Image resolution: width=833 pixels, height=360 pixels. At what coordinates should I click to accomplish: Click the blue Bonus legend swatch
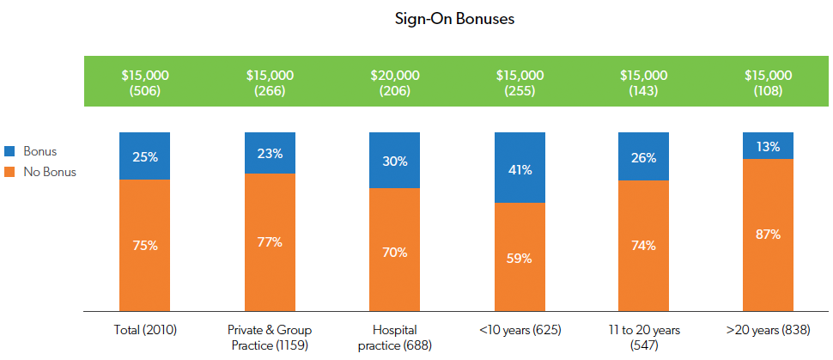(x=10, y=152)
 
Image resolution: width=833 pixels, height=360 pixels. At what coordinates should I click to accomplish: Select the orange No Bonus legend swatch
(x=10, y=172)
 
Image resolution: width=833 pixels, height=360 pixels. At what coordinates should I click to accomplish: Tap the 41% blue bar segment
(x=520, y=168)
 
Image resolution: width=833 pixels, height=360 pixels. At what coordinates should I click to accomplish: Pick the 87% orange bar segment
(x=769, y=235)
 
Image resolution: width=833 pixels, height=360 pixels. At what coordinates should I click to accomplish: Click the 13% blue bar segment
(x=769, y=146)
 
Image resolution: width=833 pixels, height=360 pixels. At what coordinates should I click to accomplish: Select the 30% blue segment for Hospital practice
(x=395, y=161)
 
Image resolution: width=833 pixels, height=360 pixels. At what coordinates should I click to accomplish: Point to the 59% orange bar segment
(x=520, y=257)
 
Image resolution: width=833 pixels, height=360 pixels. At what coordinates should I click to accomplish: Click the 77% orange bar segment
(x=270, y=241)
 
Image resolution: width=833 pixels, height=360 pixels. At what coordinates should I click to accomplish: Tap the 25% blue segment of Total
(x=145, y=156)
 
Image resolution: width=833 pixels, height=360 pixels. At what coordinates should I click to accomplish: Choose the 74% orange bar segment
(x=644, y=245)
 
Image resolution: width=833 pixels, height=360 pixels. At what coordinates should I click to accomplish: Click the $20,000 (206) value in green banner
(x=395, y=82)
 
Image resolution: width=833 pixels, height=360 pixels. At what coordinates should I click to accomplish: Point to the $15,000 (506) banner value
(x=145, y=82)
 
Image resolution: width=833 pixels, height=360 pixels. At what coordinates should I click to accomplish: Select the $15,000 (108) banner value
(x=769, y=82)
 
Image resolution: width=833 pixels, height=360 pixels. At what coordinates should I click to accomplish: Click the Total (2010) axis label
(x=145, y=330)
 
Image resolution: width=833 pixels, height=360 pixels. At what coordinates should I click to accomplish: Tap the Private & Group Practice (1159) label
(x=270, y=337)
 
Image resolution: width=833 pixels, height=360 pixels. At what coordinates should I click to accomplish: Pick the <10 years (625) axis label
(x=520, y=330)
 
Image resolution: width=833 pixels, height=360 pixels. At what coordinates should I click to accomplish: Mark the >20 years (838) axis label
(x=769, y=330)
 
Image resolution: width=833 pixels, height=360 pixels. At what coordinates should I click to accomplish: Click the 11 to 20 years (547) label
(x=644, y=337)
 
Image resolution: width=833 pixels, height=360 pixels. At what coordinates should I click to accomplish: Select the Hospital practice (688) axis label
(x=395, y=337)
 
